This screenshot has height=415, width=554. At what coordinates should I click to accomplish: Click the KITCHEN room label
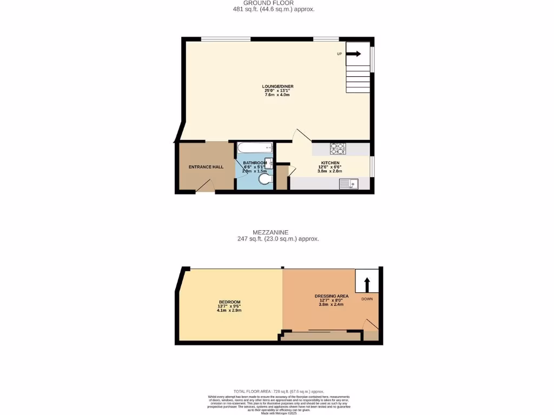(x=329, y=163)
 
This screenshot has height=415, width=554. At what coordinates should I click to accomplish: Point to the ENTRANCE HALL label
(x=206, y=167)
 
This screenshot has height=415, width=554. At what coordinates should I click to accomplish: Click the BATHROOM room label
(x=254, y=163)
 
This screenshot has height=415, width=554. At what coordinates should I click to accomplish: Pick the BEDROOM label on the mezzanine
(x=229, y=302)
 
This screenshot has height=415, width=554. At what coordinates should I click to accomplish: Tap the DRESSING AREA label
(x=331, y=296)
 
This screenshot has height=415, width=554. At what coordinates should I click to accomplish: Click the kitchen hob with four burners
(x=338, y=149)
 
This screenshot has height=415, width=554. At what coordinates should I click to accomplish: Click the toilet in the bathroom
(x=265, y=179)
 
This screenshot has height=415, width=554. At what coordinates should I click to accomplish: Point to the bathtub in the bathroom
(x=254, y=148)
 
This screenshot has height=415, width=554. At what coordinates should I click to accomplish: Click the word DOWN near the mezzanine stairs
(x=367, y=299)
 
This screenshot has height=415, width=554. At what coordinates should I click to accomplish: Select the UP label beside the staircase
(x=339, y=54)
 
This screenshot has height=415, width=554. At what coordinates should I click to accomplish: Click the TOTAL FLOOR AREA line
(x=279, y=391)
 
